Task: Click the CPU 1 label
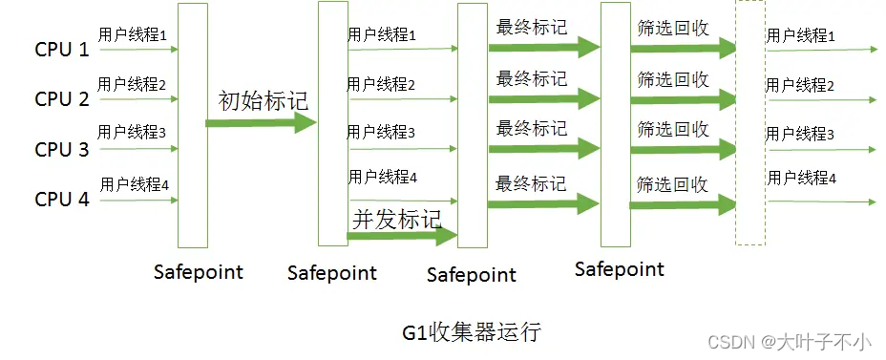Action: (x=62, y=49)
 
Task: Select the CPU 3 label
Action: (x=62, y=150)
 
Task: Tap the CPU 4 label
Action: (x=62, y=200)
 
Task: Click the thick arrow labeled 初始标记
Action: (x=260, y=122)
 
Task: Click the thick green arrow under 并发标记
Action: (x=401, y=237)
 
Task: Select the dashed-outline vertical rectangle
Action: (x=749, y=124)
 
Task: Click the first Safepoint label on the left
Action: (x=199, y=272)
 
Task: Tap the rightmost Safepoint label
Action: (x=619, y=269)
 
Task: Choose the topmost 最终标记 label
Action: (x=531, y=28)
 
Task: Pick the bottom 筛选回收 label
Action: (x=672, y=182)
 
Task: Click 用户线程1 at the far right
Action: (x=800, y=36)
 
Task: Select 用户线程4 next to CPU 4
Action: (x=134, y=182)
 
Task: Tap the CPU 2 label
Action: (x=62, y=99)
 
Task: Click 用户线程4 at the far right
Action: (x=800, y=179)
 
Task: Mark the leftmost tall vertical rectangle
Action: (x=192, y=124)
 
